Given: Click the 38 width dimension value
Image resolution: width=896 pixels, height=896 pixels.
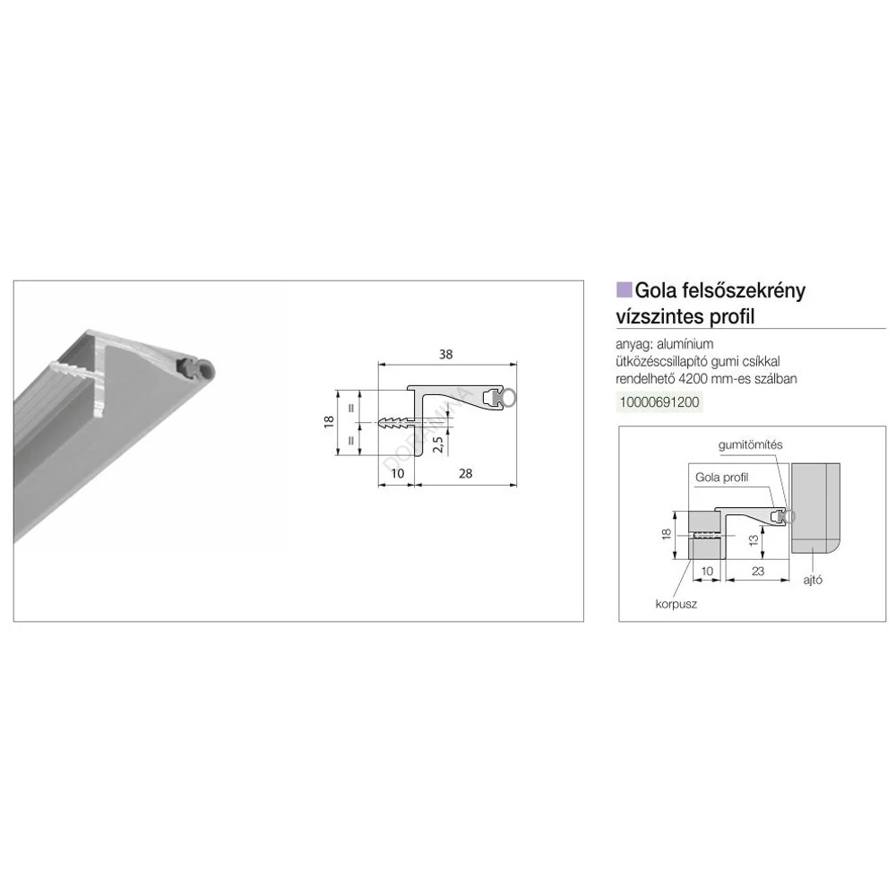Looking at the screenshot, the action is [445, 354].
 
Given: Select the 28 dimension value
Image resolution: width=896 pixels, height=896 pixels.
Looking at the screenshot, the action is [465, 473].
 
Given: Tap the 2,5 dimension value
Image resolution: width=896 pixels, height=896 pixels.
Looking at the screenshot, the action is [438, 444].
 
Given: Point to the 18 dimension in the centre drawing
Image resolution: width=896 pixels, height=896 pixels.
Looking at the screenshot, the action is [329, 422].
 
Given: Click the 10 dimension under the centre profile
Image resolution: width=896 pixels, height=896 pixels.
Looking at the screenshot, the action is [398, 473].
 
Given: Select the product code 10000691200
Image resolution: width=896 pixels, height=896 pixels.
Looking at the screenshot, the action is [659, 401].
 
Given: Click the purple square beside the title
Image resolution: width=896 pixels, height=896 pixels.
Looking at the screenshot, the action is [624, 289].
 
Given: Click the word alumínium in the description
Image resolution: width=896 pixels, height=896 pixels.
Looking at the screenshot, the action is [685, 344].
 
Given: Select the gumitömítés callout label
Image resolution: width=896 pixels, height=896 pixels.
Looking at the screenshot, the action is [750, 444].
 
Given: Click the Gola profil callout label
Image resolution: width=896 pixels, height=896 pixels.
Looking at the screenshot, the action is [721, 478].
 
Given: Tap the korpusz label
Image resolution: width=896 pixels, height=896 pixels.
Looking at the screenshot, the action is [676, 604].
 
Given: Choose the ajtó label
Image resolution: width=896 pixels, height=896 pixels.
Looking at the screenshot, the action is [813, 580].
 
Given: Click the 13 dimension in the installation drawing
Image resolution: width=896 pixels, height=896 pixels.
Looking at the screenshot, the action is [754, 538].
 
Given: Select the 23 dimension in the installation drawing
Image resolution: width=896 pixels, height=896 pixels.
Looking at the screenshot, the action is [758, 571].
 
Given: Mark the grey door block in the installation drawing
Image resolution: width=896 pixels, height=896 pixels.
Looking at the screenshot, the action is [815, 508].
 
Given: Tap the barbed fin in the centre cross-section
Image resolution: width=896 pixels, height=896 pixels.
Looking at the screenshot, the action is [395, 424].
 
